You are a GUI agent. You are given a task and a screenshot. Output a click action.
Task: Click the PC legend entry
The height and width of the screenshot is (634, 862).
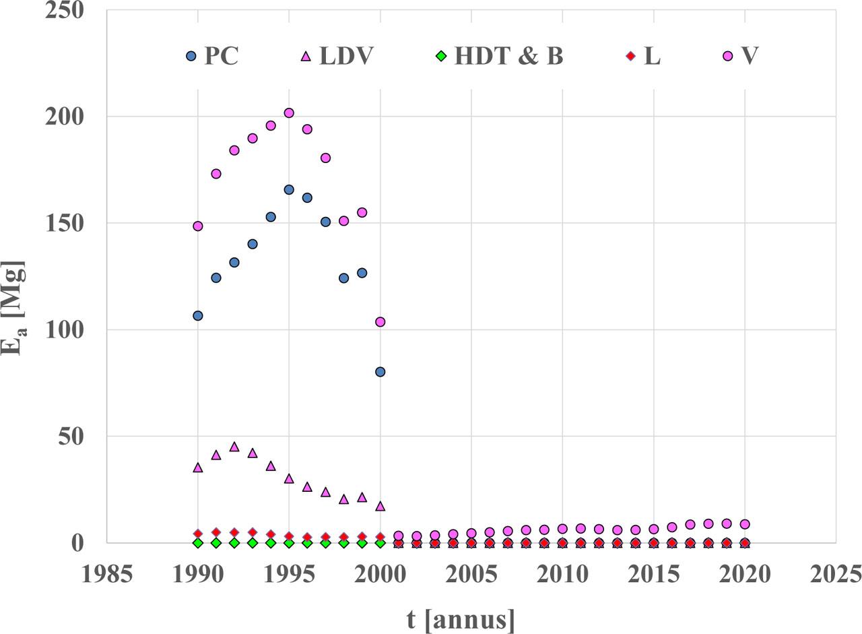pyautogui.click(x=213, y=56)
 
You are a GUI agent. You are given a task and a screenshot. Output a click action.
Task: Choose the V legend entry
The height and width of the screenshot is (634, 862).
pyautogui.click(x=740, y=56)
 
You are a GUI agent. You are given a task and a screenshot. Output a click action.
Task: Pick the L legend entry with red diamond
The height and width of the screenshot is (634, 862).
pyautogui.click(x=644, y=56)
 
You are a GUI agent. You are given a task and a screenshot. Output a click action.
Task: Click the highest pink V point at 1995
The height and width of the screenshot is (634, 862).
pyautogui.click(x=289, y=113)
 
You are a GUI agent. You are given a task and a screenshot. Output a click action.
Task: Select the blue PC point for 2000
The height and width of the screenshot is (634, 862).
pyautogui.click(x=380, y=372)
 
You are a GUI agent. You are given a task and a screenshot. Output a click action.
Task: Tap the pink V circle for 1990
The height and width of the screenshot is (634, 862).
pyautogui.click(x=198, y=226)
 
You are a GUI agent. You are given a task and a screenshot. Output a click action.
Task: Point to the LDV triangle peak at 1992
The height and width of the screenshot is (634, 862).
pyautogui.click(x=234, y=447)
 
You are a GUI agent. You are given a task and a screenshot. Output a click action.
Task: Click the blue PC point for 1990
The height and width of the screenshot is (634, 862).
pyautogui.click(x=198, y=315)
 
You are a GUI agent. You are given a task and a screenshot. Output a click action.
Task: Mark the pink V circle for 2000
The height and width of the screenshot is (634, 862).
pyautogui.click(x=380, y=322)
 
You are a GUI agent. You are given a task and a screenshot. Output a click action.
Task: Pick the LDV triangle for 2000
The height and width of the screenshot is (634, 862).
pyautogui.click(x=380, y=506)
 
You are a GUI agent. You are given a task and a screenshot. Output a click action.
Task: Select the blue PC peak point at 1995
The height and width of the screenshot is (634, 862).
pyautogui.click(x=289, y=190)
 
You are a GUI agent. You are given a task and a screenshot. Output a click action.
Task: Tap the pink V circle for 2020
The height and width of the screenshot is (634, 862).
pyautogui.click(x=745, y=524)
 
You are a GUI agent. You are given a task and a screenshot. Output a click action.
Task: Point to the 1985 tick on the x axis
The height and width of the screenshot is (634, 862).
pyautogui.click(x=106, y=575)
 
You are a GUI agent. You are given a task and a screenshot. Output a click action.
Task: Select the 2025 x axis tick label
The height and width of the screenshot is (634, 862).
pyautogui.click(x=835, y=575)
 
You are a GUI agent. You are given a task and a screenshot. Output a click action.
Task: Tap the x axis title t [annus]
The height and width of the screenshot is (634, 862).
pyautogui.click(x=461, y=619)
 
